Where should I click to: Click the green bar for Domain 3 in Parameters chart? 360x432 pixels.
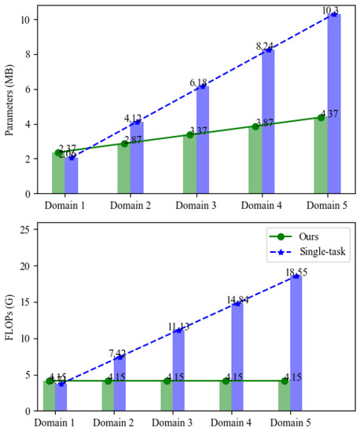189,164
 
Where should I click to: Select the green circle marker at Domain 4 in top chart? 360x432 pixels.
255,126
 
